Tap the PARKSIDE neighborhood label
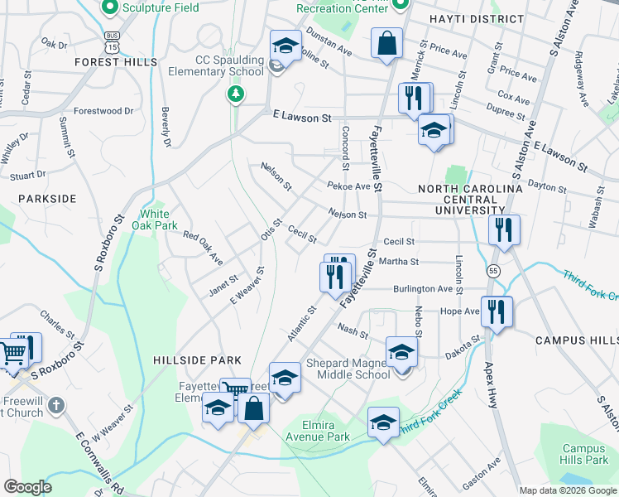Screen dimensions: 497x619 pyautogui.click(x=47, y=199)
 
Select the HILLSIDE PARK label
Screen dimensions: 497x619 pyautogui.click(x=197, y=360)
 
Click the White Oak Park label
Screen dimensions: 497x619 pyautogui.click(x=160, y=220)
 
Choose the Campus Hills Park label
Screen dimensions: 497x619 pyautogui.click(x=584, y=454)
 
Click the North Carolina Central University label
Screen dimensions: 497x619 pyautogui.click(x=470, y=200)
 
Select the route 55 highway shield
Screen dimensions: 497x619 pyautogui.click(x=493, y=271)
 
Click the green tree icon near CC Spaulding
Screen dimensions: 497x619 pyautogui.click(x=237, y=94)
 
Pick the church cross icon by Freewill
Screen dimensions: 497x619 pyautogui.click(x=55, y=406)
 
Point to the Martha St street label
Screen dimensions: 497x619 pyautogui.click(x=399, y=261)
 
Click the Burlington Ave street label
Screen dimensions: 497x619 pyautogui.click(x=423, y=289)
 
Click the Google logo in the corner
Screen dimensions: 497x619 pyautogui.click(x=27, y=487)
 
